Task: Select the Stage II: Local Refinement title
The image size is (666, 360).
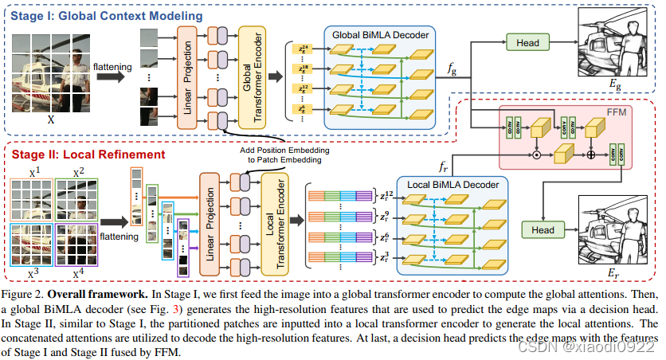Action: coord(84,155)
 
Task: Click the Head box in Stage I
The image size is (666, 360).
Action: coord(527,43)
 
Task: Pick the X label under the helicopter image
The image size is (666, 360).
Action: coord(50,121)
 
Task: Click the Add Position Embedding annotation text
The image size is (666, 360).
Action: coord(283,155)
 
